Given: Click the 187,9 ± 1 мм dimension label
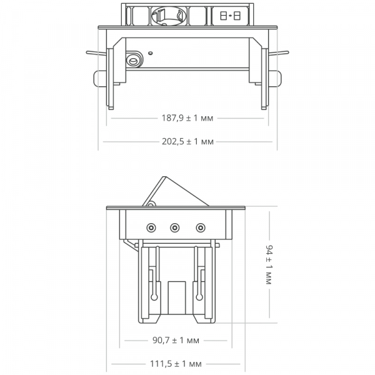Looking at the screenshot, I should pos(187,117).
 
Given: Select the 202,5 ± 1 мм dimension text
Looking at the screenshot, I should pos(187,142).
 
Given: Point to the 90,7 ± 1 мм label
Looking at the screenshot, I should pos(175,341).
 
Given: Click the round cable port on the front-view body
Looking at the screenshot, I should pos(132,61).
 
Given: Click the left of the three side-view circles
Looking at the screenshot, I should pos(151,227).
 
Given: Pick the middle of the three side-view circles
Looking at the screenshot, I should pos(176,227).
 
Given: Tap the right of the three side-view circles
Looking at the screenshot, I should pos(201,227).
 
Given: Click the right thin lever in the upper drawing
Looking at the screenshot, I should pos(280,53).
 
